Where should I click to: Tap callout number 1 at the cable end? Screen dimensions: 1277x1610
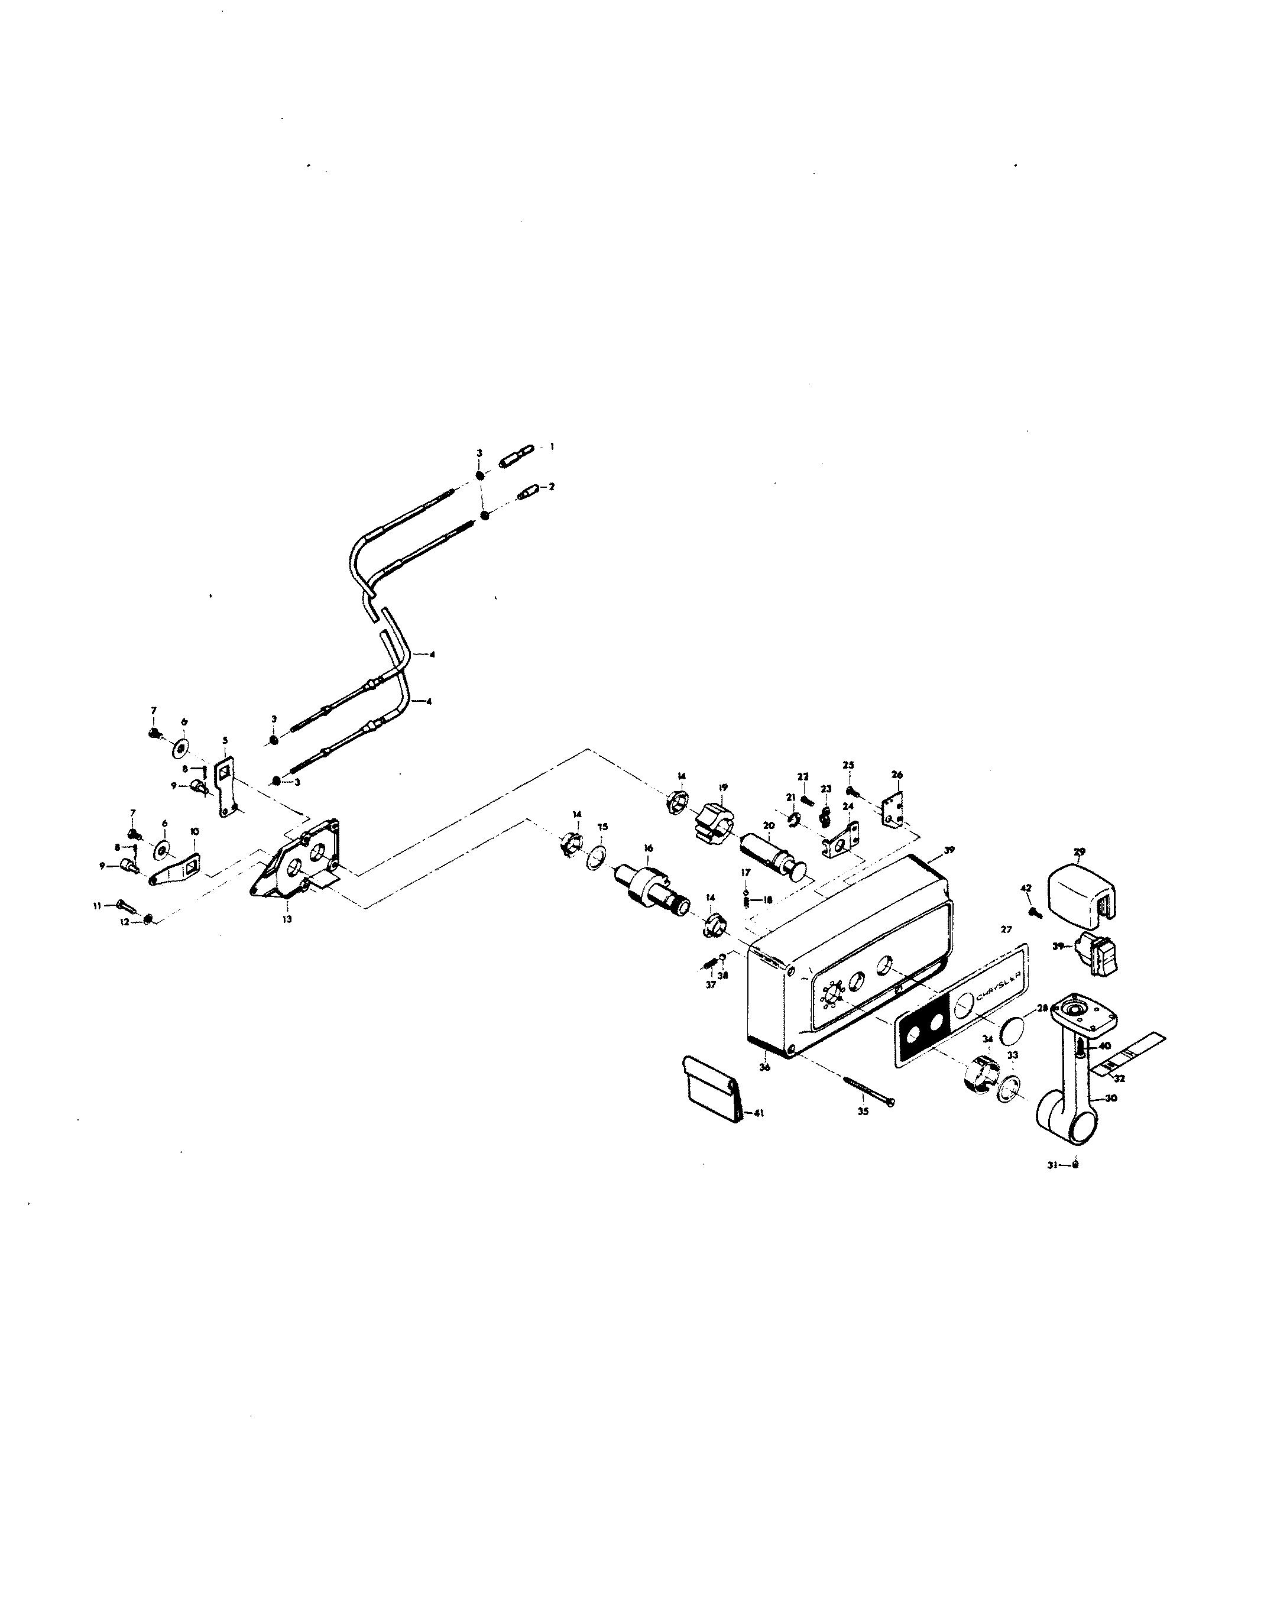(552, 446)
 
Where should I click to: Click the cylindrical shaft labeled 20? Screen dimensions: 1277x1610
(769, 851)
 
